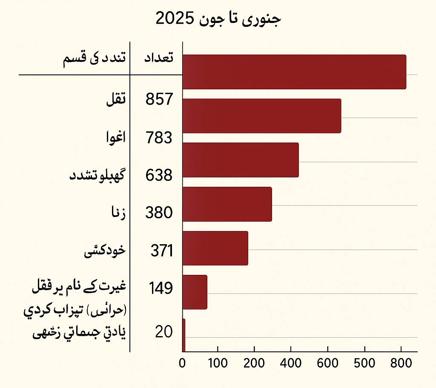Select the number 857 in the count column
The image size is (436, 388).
tap(159, 99)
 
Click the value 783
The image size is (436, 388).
tap(159, 138)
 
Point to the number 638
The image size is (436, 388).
tap(159, 175)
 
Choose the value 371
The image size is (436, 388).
tap(161, 251)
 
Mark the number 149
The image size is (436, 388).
tap(161, 288)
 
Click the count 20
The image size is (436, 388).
tap(163, 332)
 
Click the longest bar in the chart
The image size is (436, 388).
tap(294, 72)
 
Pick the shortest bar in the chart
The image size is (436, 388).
tap(184, 335)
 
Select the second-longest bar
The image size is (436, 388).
tap(261, 116)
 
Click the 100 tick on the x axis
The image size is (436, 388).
tap(218, 364)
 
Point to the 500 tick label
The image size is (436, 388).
tap(364, 364)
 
